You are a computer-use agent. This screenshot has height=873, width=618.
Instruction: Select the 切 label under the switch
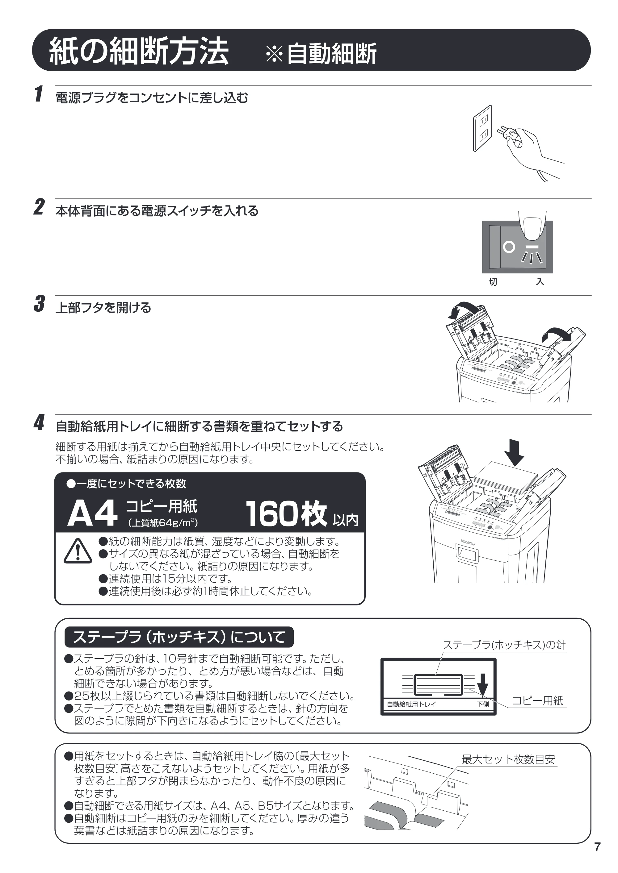[x=493, y=282]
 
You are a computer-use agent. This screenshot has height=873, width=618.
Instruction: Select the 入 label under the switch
[x=540, y=281]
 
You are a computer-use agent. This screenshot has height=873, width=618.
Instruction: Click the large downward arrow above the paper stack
[x=514, y=452]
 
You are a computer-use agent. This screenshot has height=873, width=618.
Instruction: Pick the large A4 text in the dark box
[x=92, y=514]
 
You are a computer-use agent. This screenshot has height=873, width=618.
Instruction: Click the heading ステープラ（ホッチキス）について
[x=179, y=637]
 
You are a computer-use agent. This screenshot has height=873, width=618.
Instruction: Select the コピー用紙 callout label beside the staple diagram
[x=537, y=701]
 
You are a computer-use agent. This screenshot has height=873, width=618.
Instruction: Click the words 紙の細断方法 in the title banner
[x=139, y=51]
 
